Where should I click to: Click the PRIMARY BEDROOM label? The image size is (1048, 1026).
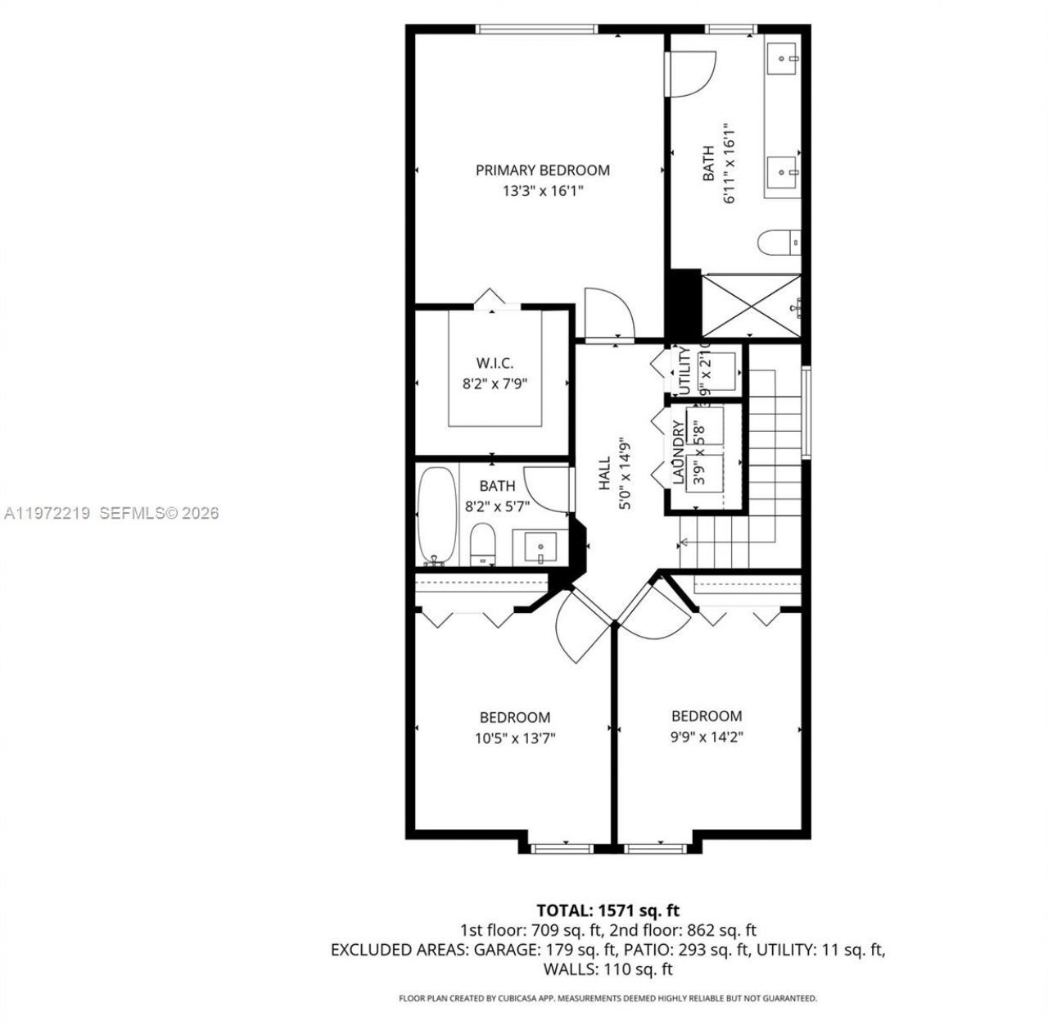542,170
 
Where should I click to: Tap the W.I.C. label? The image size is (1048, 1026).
495,363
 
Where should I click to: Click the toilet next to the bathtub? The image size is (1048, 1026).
483,545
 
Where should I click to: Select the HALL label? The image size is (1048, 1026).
604,474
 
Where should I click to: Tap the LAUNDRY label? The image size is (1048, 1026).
678,452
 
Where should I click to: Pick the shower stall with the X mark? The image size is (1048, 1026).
750,306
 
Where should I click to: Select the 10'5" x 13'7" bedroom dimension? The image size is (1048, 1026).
515,738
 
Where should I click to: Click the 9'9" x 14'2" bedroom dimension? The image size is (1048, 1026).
706,737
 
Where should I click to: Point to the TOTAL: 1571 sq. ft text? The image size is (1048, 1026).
608,910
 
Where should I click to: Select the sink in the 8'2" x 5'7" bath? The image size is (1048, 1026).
540,547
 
